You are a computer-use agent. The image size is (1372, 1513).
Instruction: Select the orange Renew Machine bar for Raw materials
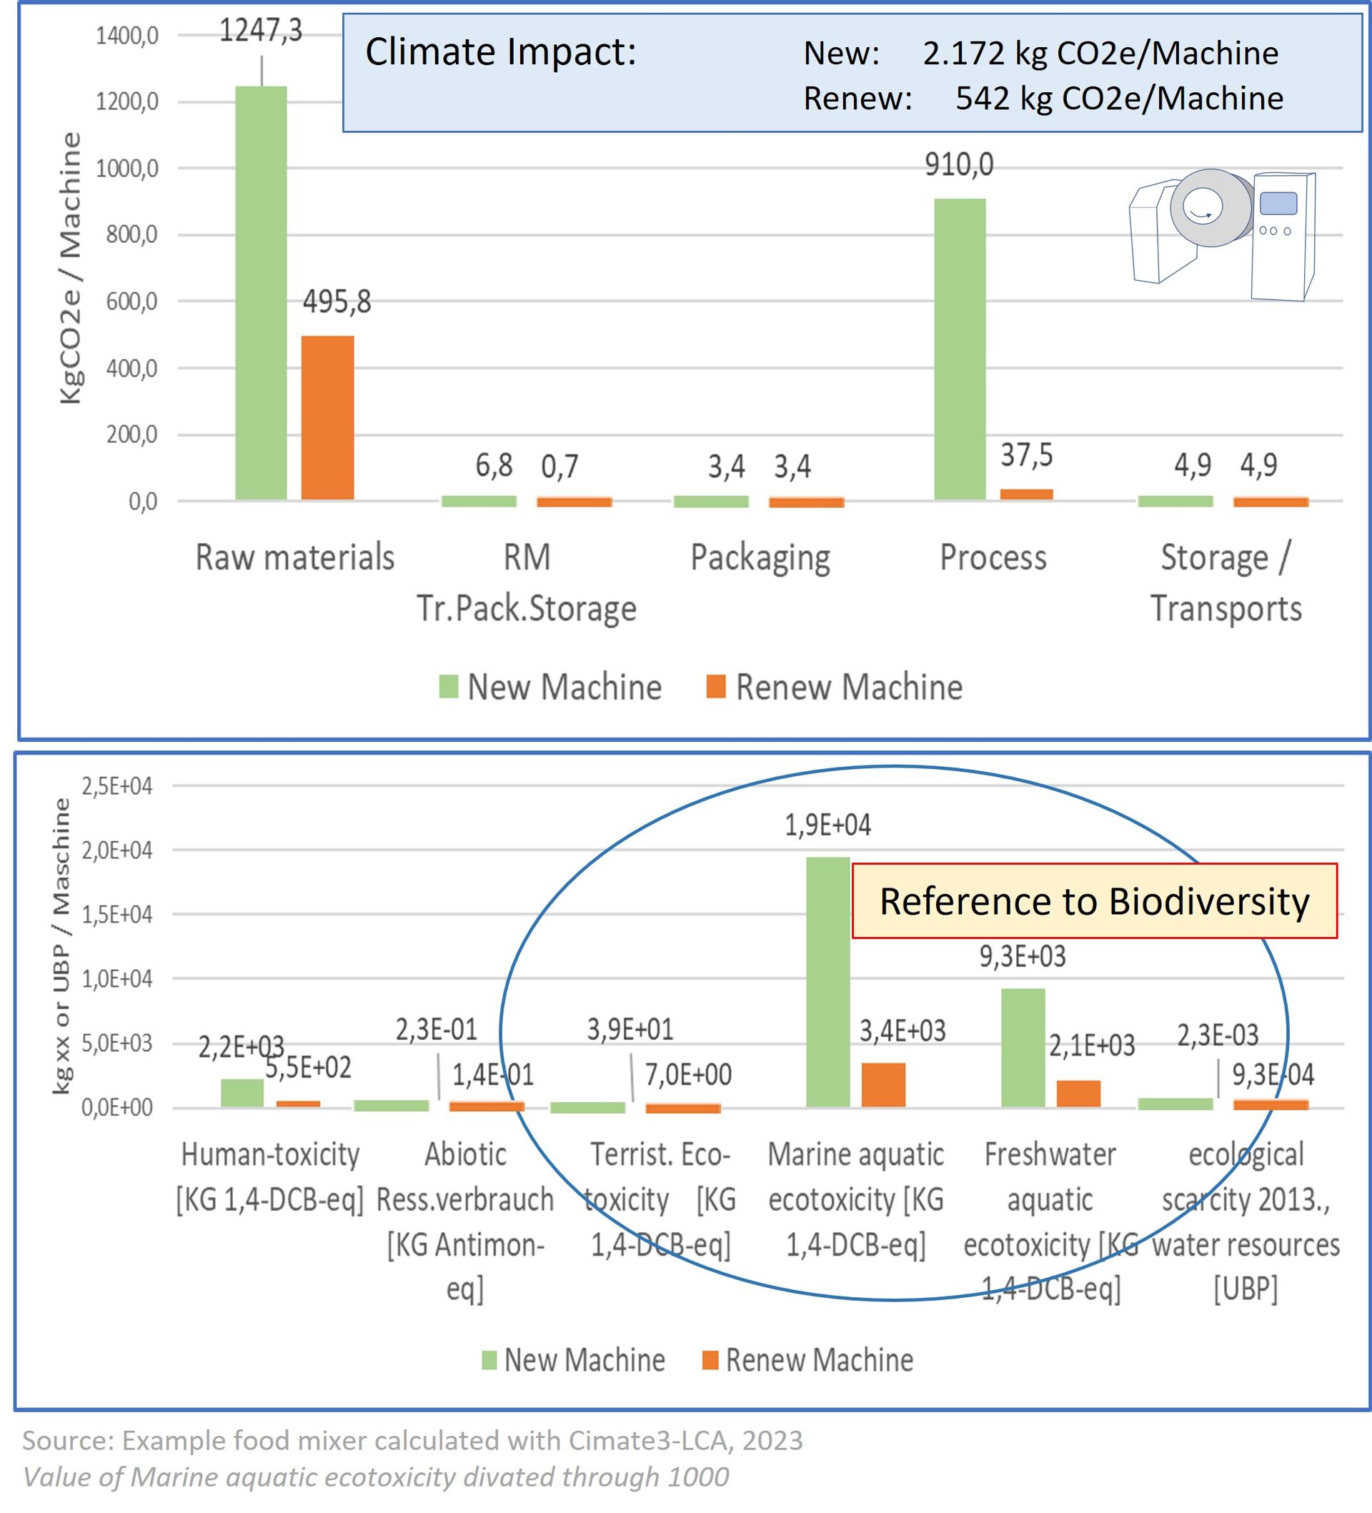pyautogui.click(x=327, y=417)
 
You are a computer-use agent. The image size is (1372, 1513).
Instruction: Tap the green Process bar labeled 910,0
pyautogui.click(x=959, y=349)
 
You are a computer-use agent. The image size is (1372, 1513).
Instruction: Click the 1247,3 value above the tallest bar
pyautogui.click(x=260, y=31)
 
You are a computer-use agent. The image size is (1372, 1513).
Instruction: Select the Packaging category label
pyautogui.click(x=760, y=557)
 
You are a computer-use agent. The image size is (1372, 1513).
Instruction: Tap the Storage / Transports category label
pyautogui.click(x=1226, y=582)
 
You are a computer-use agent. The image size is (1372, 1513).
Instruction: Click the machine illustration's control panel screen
pyautogui.click(x=1278, y=203)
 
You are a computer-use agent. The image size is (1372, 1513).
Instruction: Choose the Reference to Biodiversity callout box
pyautogui.click(x=1094, y=901)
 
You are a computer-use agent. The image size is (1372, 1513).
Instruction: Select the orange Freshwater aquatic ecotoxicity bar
pyautogui.click(x=1078, y=1093)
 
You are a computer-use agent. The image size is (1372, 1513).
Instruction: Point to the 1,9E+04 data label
pyautogui.click(x=828, y=825)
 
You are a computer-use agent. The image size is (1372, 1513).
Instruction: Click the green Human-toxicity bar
pyautogui.click(x=242, y=1093)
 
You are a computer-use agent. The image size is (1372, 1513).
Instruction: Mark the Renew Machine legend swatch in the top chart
pyautogui.click(x=716, y=687)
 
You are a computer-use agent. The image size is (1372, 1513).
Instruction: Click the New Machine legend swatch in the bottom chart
pyautogui.click(x=489, y=1360)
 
